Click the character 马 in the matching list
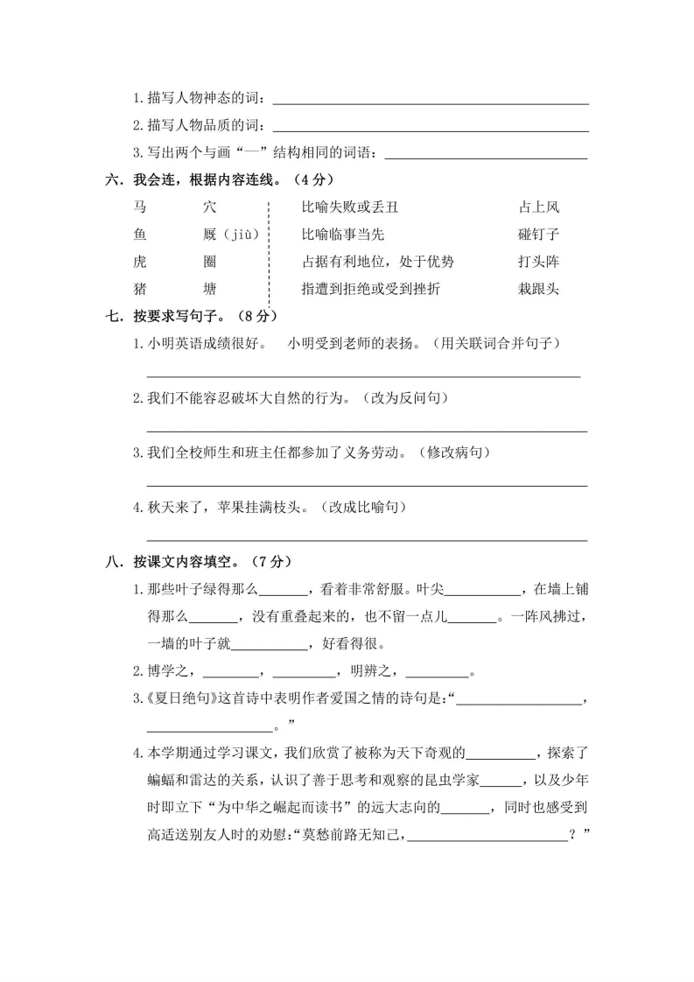point(140,207)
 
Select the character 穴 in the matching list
point(208,207)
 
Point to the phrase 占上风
point(538,207)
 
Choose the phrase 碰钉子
point(538,235)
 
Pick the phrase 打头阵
point(538,262)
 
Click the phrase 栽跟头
point(538,289)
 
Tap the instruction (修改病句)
point(454,452)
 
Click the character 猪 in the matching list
point(140,289)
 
